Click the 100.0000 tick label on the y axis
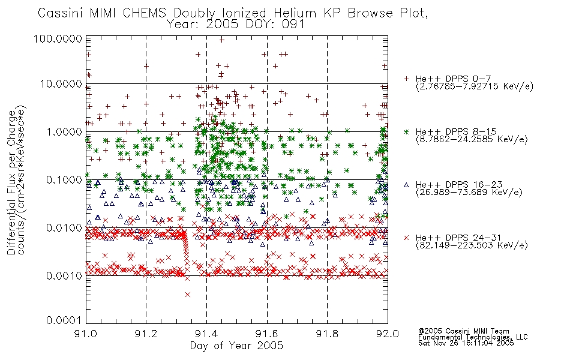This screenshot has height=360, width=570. point(58,38)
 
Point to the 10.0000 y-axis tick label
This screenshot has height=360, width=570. point(61,84)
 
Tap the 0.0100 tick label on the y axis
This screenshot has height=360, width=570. point(64,228)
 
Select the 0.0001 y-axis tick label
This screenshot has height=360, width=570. point(64,320)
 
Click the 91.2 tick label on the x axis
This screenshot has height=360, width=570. point(146,334)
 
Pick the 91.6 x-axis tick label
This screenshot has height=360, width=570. point(267,334)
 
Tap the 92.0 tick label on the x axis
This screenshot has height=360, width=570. point(388,334)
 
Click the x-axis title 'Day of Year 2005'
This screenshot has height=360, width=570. point(236,346)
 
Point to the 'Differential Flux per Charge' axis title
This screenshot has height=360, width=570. point(11,182)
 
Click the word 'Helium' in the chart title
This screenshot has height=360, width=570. point(296,13)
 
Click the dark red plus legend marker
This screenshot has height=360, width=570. point(406,79)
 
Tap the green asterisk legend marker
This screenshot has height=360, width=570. point(406,131)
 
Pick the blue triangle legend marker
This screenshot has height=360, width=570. point(406,185)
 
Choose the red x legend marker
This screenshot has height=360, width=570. point(406,238)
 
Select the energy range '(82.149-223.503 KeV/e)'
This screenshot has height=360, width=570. point(472,245)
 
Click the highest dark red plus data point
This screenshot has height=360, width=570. point(222,40)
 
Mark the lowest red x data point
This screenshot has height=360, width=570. point(188,295)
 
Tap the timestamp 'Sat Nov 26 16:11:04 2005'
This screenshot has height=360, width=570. point(466,343)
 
